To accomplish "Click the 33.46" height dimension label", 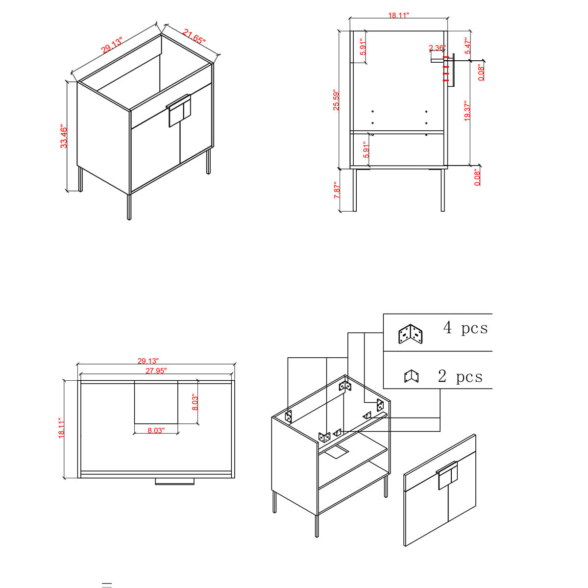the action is click(64, 136).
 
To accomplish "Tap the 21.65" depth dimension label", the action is click(195, 36).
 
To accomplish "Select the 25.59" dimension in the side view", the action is click(336, 100).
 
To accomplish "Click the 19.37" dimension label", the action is click(467, 111).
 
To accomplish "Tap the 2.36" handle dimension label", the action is click(437, 48).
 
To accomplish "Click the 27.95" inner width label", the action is click(156, 371).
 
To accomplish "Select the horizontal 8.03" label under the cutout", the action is click(156, 431).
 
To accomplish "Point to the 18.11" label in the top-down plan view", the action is click(62, 428).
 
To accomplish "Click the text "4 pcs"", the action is click(465, 328).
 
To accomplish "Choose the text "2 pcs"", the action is click(460, 376).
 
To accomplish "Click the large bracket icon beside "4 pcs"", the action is click(411, 334).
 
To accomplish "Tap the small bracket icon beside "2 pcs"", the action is click(411, 376).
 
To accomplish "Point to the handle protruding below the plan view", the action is click(174, 482).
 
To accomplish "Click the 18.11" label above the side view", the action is click(398, 15).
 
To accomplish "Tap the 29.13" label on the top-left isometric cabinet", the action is click(112, 45).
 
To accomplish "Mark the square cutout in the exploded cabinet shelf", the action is click(336, 452).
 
